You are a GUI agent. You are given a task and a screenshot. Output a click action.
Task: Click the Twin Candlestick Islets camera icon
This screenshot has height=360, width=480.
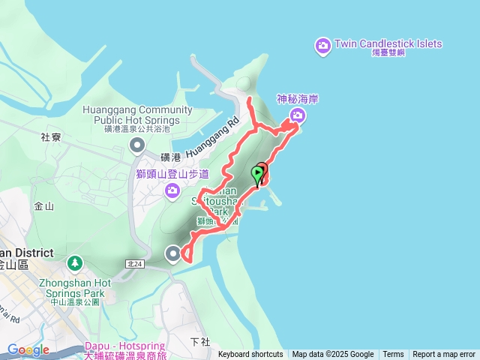323,46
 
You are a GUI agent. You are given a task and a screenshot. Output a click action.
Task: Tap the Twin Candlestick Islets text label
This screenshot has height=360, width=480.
388,43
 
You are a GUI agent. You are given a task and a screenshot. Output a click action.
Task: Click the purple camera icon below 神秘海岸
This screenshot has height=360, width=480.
298,115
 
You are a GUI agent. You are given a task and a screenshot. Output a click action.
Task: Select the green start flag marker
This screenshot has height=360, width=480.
257,175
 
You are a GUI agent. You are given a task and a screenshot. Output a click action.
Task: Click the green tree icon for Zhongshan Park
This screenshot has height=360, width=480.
74,263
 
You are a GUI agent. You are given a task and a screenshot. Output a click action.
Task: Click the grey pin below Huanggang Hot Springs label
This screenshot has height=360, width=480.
136,144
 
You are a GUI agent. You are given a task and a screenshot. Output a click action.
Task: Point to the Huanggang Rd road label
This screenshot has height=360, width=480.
214,135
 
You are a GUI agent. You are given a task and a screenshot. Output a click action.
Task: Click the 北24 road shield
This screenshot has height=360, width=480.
135,264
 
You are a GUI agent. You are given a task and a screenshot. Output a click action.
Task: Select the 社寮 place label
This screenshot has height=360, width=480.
51,137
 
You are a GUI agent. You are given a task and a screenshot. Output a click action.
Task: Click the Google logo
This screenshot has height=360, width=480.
28,349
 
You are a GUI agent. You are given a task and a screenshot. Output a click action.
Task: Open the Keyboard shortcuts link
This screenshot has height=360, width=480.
250,355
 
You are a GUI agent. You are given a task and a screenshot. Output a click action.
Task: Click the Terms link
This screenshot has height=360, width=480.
393,355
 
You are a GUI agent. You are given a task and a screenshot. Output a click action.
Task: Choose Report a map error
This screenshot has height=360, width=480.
444,355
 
